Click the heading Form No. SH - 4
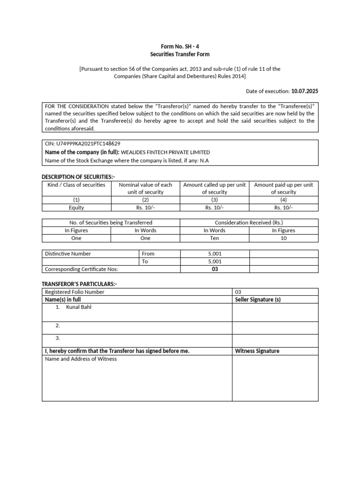180,47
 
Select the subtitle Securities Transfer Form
180,54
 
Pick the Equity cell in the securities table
76,208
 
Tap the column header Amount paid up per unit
284,185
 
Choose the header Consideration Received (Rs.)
249,223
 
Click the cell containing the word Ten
215,238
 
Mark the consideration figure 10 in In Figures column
284,238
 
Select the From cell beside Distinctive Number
148,254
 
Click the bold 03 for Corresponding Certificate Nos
215,269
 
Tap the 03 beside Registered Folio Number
238,292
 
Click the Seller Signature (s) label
258,300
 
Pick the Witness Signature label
257,351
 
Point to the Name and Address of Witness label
81,359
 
